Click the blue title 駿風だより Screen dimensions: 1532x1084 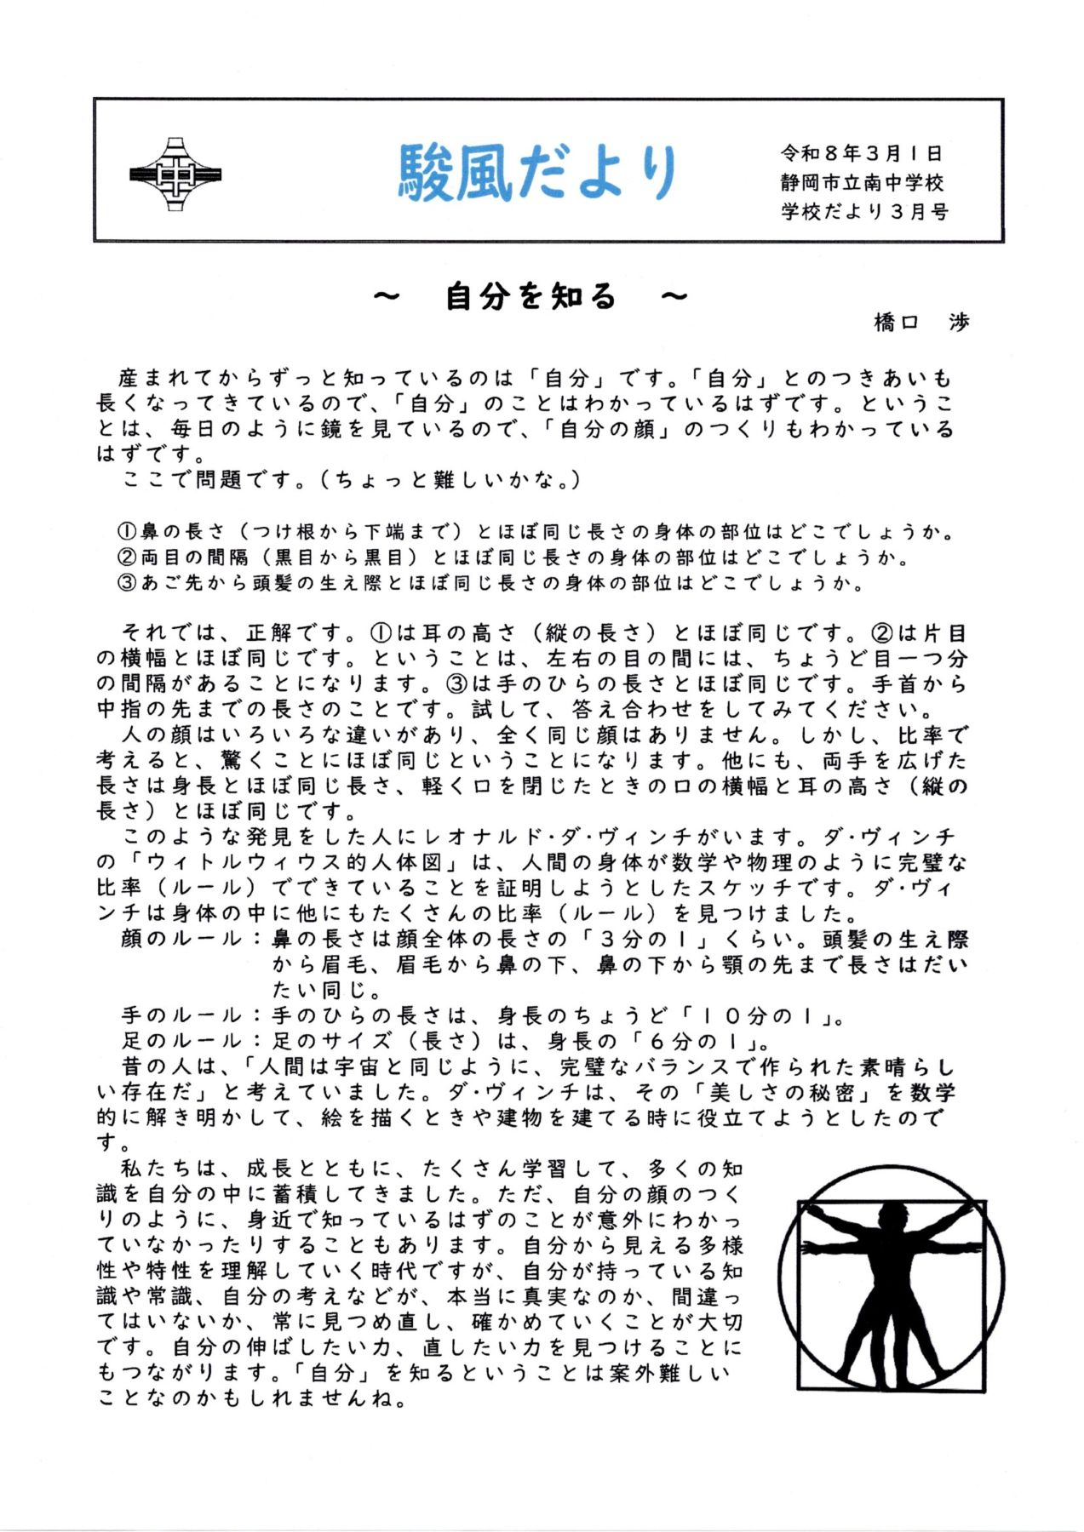point(538,173)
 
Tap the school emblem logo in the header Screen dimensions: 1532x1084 point(175,174)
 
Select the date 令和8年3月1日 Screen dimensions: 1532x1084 point(861,154)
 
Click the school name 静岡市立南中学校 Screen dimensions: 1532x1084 point(862,183)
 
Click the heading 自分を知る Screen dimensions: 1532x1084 point(530,297)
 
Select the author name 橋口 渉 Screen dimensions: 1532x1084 point(921,323)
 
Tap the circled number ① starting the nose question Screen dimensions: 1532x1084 point(127,533)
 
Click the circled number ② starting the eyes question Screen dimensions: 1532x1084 point(127,558)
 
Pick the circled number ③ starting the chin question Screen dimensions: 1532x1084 point(127,584)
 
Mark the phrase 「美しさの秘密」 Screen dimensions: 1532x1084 point(784,1092)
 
